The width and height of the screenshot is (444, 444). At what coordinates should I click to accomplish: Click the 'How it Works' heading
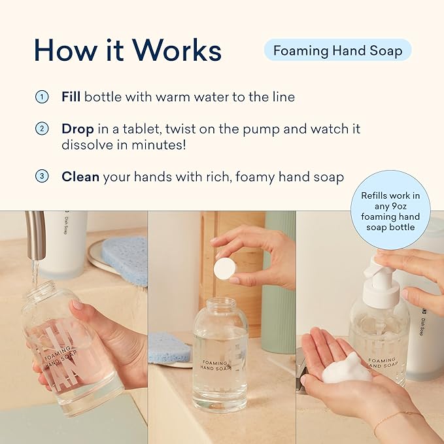coord(128,50)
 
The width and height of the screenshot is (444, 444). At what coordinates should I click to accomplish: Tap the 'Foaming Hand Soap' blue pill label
coord(337,50)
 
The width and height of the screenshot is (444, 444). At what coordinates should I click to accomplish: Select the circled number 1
coord(41,97)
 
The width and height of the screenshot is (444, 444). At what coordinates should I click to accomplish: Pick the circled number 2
coord(41,129)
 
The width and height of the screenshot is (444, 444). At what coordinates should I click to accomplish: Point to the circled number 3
coord(41,177)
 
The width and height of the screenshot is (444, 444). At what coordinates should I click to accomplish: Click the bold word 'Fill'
coord(71,97)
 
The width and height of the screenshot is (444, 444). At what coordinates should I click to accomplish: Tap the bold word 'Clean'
coord(80,177)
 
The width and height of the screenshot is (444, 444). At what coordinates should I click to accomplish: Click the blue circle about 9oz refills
coord(390,211)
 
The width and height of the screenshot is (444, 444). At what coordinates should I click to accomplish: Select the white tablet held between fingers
coord(224,268)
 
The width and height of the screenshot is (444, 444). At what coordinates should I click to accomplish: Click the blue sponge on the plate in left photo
coord(124,259)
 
